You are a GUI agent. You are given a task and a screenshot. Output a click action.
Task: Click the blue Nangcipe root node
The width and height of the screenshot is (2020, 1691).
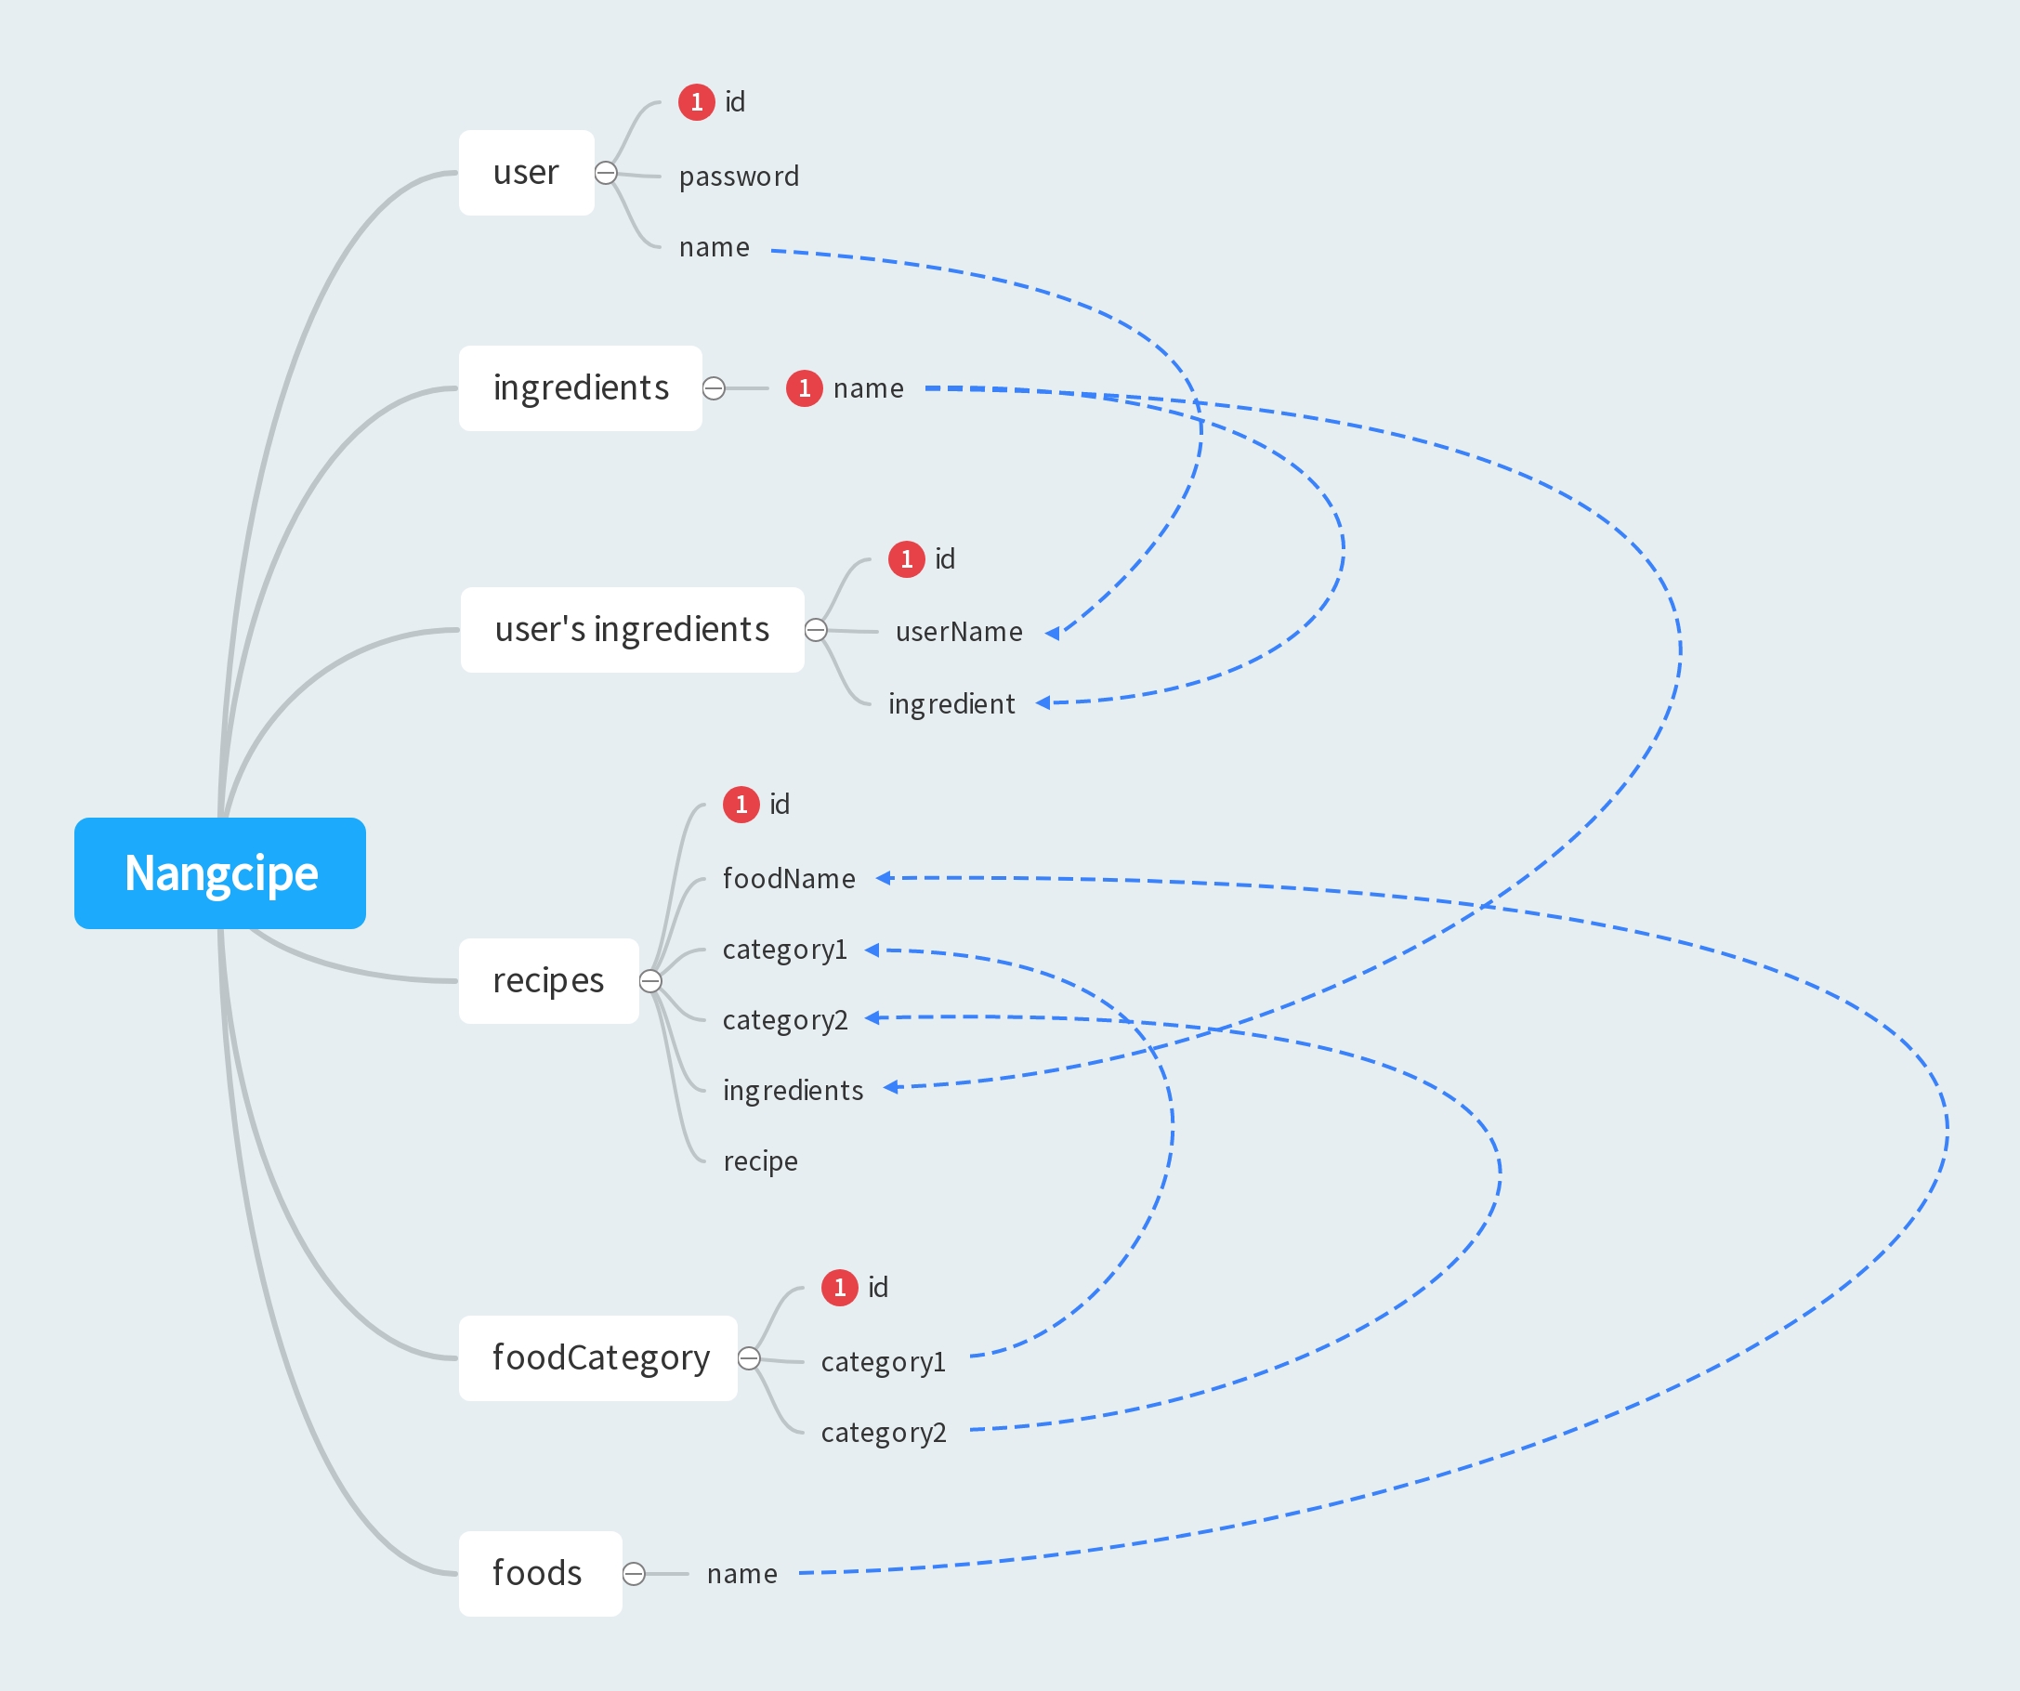click(219, 872)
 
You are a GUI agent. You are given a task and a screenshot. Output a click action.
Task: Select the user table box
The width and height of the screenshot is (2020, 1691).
click(526, 173)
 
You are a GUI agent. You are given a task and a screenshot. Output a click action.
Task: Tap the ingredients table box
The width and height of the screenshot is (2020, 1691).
click(580, 387)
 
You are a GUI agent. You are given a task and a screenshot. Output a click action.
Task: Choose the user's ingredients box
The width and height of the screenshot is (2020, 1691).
click(632, 630)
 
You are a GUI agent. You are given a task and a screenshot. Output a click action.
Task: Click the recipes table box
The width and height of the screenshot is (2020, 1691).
click(548, 980)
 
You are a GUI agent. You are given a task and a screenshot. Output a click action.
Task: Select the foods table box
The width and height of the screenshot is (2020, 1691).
click(540, 1573)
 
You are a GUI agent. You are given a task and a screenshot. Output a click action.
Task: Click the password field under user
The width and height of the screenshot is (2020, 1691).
click(739, 177)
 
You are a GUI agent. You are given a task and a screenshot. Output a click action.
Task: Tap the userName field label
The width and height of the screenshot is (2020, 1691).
click(959, 632)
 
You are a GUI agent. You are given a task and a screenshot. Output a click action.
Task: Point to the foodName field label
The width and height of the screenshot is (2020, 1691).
click(789, 878)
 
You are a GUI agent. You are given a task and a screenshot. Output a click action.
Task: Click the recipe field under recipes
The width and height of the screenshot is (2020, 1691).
click(760, 1161)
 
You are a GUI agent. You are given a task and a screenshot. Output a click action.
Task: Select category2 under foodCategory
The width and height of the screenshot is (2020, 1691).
click(883, 1433)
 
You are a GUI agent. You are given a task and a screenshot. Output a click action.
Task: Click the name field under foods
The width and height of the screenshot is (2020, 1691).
click(741, 1574)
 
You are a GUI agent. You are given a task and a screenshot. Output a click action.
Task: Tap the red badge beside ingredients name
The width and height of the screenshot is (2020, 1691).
click(804, 388)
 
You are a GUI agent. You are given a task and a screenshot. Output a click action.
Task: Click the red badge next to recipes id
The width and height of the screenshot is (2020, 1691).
click(741, 804)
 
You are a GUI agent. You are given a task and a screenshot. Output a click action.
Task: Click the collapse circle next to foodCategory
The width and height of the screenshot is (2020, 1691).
click(749, 1358)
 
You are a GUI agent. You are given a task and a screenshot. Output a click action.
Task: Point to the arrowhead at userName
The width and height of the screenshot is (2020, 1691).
click(1053, 633)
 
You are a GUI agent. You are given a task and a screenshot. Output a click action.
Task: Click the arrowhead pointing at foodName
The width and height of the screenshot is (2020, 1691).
click(884, 877)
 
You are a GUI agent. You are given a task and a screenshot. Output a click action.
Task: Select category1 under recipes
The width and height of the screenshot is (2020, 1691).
click(785, 950)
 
